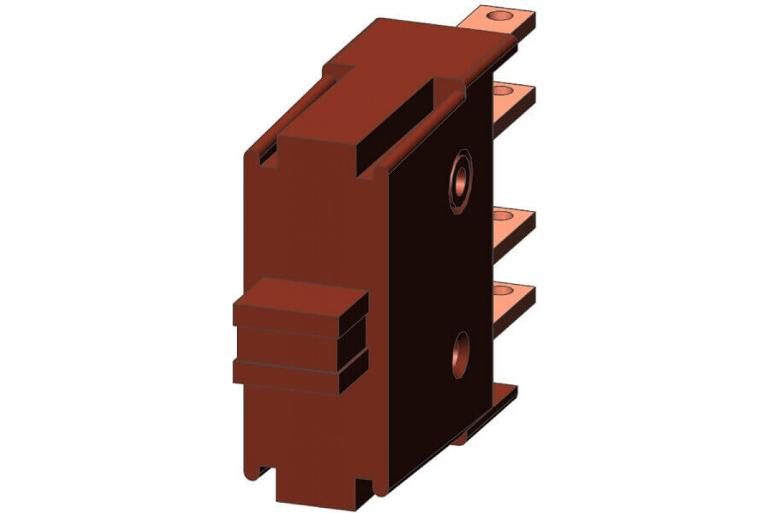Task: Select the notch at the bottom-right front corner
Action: coord(366,487)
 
